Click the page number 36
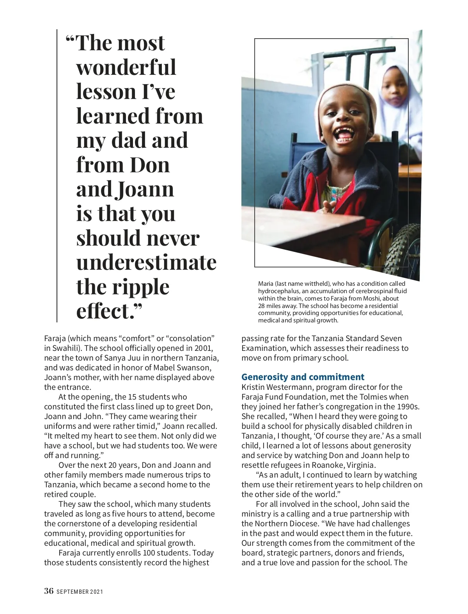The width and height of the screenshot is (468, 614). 49,591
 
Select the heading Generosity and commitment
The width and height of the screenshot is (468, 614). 303,377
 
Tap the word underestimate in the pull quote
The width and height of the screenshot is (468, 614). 146,262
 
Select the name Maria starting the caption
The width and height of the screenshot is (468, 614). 266,284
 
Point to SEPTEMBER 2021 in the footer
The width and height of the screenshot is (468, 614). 80,591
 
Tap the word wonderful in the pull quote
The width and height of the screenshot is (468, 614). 126,67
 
